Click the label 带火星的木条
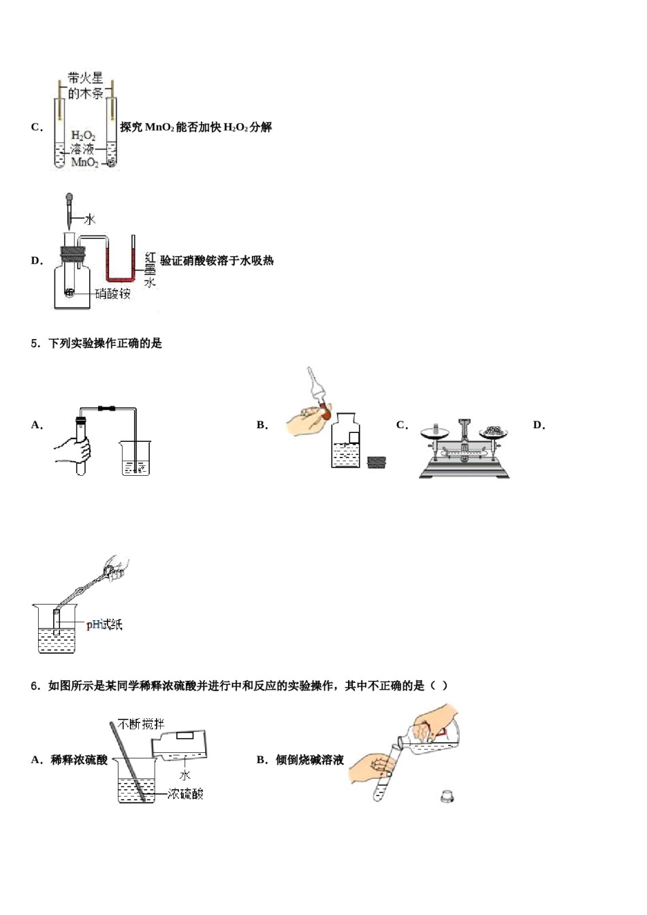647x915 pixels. [85, 86]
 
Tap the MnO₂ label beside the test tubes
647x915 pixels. [84, 163]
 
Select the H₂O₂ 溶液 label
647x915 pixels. [83, 142]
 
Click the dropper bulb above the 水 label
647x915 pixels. [69, 199]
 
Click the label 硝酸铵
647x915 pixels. [112, 293]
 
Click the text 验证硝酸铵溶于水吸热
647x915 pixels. [217, 260]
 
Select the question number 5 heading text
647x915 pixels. [96, 343]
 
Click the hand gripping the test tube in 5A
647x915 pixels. [73, 450]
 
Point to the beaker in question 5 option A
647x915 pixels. [135, 457]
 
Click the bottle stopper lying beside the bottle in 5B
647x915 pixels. [376, 462]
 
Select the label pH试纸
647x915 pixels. [104, 624]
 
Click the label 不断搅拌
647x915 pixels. [141, 724]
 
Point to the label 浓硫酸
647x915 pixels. [185, 794]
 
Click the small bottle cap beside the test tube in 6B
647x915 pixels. [447, 795]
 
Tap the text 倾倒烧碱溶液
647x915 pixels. [309, 760]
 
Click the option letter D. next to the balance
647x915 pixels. [539, 425]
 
